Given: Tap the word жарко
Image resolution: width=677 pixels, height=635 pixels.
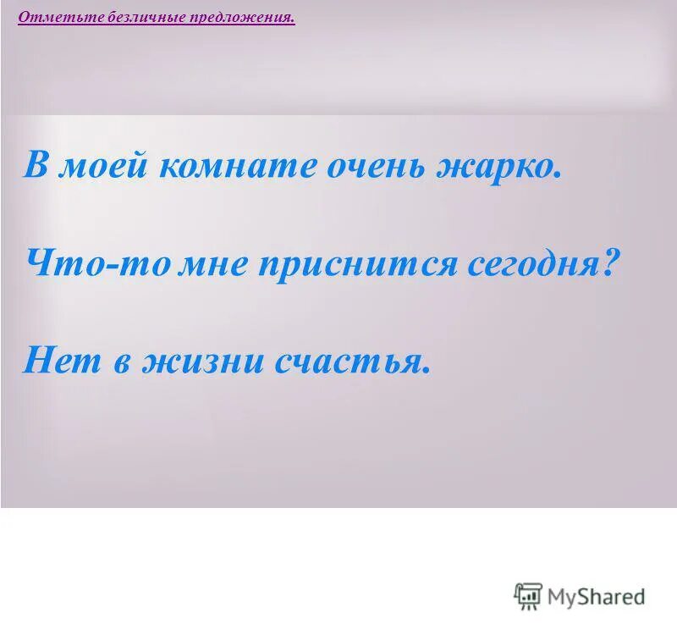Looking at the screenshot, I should [x=498, y=166].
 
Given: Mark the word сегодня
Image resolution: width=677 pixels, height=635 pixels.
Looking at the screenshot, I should [x=531, y=265].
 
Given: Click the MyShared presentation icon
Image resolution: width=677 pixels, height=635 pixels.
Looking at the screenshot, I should [x=527, y=596].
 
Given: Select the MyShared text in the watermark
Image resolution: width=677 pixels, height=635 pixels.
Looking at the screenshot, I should [x=596, y=597].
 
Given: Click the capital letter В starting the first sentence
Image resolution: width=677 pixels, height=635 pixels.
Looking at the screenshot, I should [x=35, y=164].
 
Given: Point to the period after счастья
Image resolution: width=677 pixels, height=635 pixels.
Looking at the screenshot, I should [x=426, y=370].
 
